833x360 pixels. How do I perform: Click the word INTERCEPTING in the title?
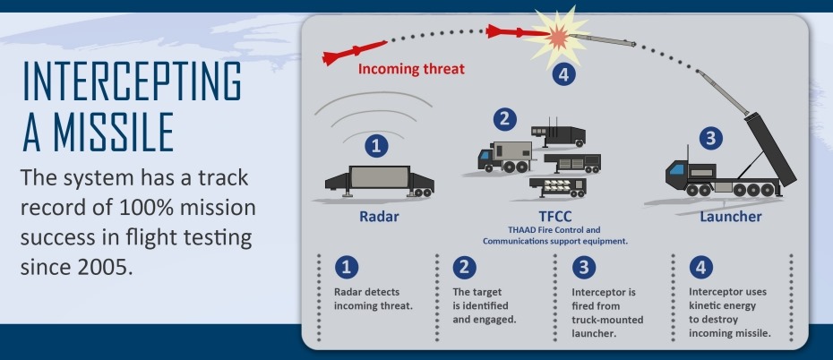click(133, 82)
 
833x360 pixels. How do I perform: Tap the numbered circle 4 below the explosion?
click(562, 75)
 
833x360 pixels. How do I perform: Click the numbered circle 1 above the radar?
click(376, 146)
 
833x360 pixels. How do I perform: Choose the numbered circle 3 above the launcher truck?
click(709, 139)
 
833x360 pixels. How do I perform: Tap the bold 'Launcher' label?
click(731, 217)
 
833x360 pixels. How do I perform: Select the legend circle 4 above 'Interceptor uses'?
click(700, 267)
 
